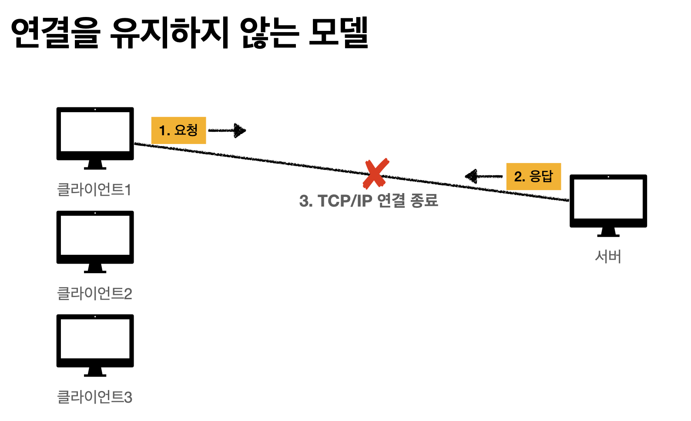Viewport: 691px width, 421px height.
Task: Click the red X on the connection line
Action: click(x=376, y=174)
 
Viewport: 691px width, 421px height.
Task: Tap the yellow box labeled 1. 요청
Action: click(x=178, y=130)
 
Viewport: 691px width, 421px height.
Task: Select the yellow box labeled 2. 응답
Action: click(x=533, y=177)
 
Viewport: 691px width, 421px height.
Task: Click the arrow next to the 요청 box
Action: click(x=228, y=130)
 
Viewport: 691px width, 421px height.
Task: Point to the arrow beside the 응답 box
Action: click(x=483, y=176)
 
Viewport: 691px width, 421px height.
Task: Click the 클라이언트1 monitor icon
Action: click(x=95, y=137)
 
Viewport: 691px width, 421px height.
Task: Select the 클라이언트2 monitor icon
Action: click(x=95, y=241)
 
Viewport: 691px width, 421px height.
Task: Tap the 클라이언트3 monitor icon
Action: click(x=95, y=344)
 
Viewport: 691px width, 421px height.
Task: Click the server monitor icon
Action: click(x=608, y=204)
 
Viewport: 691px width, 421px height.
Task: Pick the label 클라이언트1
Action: click(x=94, y=190)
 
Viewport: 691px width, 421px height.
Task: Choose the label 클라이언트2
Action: click(x=94, y=294)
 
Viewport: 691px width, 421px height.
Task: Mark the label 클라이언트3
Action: click(x=94, y=397)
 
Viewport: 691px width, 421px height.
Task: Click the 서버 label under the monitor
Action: click(x=608, y=257)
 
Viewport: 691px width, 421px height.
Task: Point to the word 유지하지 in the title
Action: click(x=169, y=33)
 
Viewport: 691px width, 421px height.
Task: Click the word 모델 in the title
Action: click(x=339, y=33)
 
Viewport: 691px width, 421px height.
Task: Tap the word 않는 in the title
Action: click(x=268, y=33)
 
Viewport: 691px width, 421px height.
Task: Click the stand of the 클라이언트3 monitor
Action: click(x=95, y=372)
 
